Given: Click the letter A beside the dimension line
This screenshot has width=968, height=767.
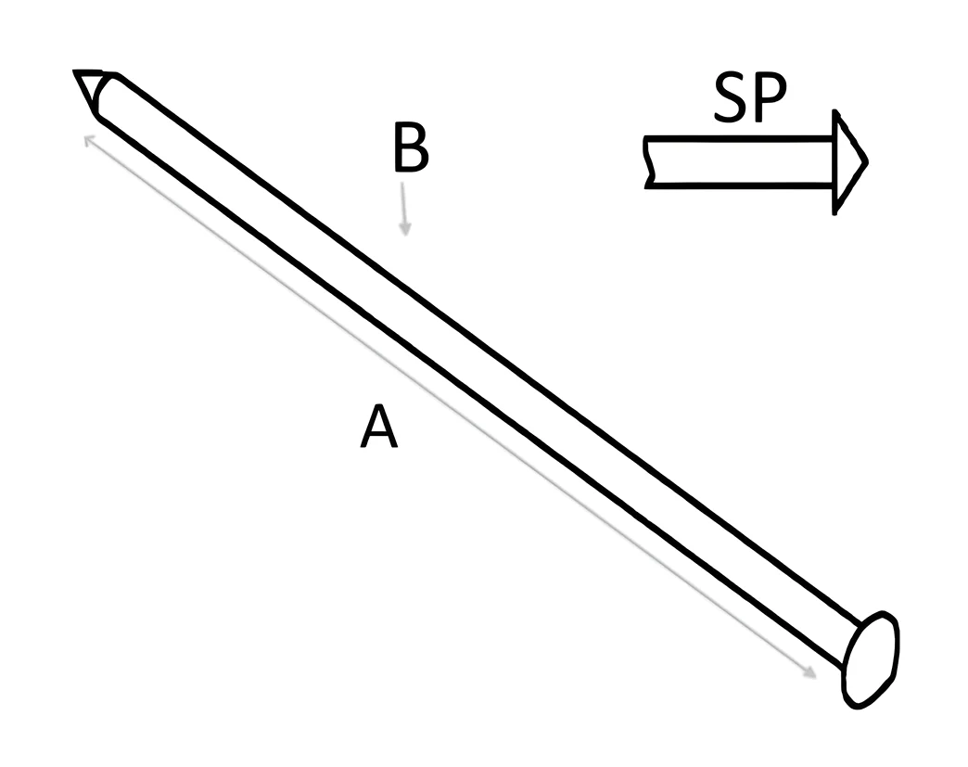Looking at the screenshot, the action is (x=379, y=426).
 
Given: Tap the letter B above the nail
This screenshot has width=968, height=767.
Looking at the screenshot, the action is (x=411, y=147).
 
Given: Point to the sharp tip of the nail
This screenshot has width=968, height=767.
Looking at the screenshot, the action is (x=75, y=72).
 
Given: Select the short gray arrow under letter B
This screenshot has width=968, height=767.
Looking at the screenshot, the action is (x=403, y=209).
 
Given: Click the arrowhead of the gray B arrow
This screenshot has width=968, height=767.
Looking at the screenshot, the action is (x=405, y=230).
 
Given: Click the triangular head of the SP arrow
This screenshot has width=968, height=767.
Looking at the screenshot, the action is (x=848, y=161).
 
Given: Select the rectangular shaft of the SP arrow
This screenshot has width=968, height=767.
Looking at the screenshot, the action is (x=740, y=161).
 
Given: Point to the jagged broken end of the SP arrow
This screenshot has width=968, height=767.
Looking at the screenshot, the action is (x=648, y=161).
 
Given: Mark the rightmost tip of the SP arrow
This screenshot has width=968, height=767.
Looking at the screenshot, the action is (x=867, y=161).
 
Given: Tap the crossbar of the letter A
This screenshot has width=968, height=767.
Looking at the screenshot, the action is (x=379, y=433).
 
